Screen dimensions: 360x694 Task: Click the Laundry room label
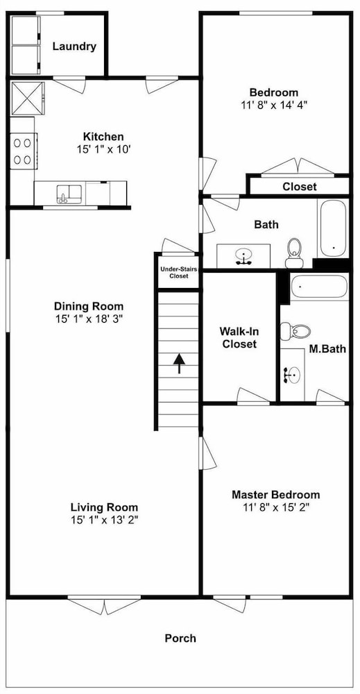point(74,46)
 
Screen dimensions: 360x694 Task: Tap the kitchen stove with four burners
point(23,151)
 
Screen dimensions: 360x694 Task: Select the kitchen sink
point(69,194)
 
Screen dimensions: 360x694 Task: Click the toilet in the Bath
point(294,253)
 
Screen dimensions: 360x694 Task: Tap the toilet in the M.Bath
point(295,330)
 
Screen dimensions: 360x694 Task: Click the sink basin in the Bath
point(243,255)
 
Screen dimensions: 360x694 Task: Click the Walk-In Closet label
point(239,337)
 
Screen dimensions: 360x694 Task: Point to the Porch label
point(180,638)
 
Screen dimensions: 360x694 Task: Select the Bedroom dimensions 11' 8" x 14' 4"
point(274,105)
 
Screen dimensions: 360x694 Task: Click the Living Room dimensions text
point(104,520)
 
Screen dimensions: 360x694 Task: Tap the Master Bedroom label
point(276,494)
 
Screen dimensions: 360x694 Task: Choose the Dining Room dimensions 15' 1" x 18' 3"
point(89,319)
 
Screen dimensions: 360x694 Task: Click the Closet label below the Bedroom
point(300,187)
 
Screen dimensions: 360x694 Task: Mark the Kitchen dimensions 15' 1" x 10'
point(103,149)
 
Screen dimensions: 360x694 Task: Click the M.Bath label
point(327,349)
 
